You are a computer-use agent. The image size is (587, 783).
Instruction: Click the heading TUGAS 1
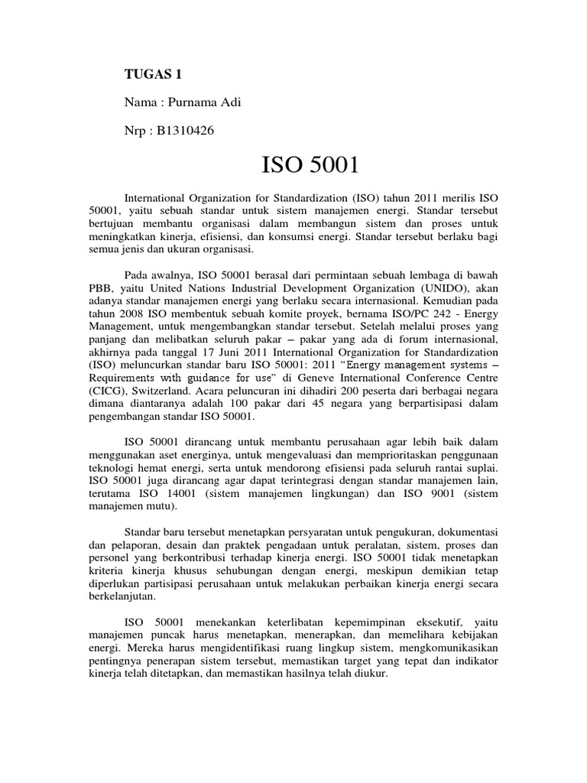[x=154, y=74]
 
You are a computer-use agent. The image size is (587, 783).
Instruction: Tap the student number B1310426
[x=183, y=131]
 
